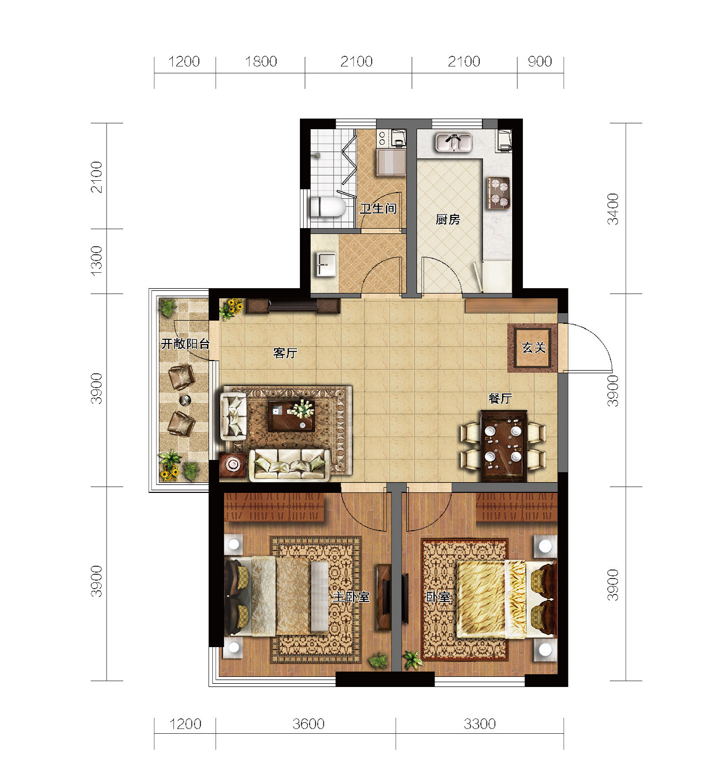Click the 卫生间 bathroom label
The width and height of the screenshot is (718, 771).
(x=378, y=209)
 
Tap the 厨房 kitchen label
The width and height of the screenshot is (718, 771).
(x=448, y=220)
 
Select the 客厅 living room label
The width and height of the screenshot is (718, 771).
(x=286, y=353)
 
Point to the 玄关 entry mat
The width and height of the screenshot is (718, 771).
(x=532, y=348)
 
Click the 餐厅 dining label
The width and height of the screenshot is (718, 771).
(x=500, y=398)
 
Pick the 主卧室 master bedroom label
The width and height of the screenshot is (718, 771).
(x=351, y=597)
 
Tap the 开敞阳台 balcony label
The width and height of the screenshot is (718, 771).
(x=185, y=343)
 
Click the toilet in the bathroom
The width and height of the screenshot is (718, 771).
(x=327, y=207)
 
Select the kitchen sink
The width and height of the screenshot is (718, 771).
(x=454, y=143)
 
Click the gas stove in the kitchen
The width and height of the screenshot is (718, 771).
(x=498, y=193)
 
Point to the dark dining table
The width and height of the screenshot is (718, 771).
(x=504, y=446)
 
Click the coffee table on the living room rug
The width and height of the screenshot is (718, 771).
(x=291, y=416)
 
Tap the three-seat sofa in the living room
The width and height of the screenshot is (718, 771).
(x=289, y=465)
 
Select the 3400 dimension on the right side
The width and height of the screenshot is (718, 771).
(x=613, y=209)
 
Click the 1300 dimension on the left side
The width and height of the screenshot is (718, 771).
(x=97, y=261)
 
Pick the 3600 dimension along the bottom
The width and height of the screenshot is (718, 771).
(x=308, y=724)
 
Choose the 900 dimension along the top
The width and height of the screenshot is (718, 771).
(x=540, y=61)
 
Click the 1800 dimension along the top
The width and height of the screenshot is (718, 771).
(x=261, y=61)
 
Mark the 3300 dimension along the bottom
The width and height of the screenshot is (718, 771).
(x=480, y=724)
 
